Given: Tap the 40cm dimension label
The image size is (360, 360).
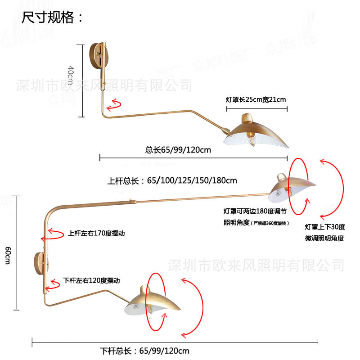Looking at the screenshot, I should (71, 75).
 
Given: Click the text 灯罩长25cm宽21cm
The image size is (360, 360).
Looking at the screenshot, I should (256, 99).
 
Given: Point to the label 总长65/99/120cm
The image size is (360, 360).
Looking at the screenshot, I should (178, 150).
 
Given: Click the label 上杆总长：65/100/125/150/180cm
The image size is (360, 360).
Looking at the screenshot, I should (172, 181).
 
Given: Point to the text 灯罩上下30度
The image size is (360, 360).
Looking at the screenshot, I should (324, 227).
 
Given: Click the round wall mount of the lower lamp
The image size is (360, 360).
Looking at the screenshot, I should (38, 263).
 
